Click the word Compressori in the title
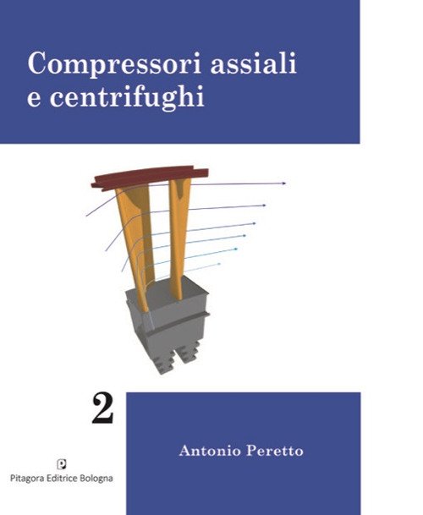(114, 64)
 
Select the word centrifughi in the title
(127, 96)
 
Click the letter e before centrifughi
(34, 99)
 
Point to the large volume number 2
(102, 409)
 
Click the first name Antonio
(210, 450)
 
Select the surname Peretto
(275, 450)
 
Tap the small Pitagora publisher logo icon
(62, 465)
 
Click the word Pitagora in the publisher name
(28, 479)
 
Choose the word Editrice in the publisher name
(63, 478)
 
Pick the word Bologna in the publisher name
(97, 479)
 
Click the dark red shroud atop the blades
(150, 178)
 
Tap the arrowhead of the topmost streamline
(283, 184)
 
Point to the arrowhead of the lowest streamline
(219, 264)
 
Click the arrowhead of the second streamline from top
(264, 205)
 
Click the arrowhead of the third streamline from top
(254, 223)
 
